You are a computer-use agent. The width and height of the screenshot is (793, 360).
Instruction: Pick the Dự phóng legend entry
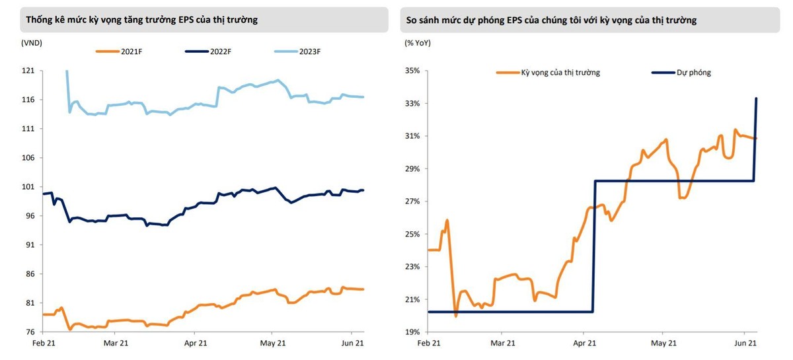693,72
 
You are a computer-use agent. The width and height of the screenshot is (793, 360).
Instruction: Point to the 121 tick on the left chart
28,71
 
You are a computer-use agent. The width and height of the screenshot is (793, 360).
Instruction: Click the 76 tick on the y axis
30,332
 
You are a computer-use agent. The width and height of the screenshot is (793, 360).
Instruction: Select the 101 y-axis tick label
28,187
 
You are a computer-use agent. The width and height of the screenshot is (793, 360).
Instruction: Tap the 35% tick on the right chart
412,71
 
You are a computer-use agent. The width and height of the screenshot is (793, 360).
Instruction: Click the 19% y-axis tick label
412,332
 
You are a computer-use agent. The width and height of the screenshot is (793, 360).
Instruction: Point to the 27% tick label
412,201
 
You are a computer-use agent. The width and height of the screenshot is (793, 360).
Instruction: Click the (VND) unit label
32,42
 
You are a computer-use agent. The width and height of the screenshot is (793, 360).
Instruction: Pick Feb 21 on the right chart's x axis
428,343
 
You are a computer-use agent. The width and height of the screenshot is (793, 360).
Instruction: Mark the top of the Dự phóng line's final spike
756,98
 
